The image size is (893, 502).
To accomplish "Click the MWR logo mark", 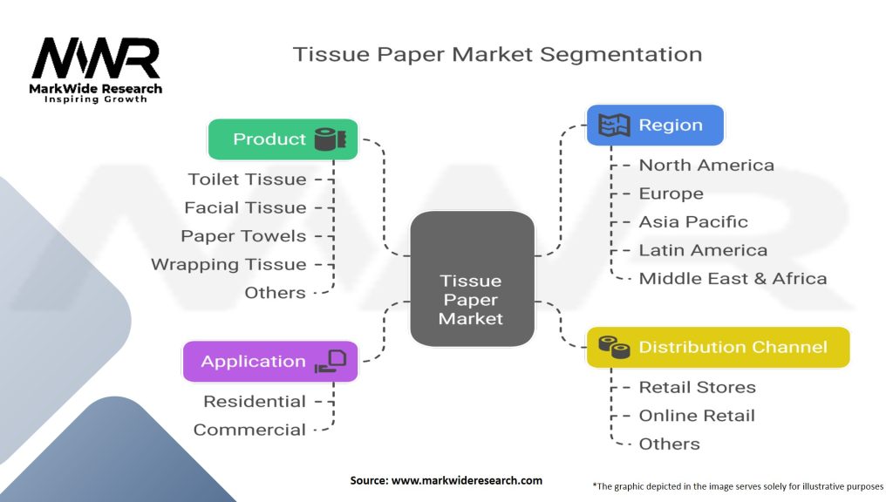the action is pyautogui.click(x=96, y=58).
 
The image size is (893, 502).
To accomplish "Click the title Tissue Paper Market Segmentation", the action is pyautogui.click(x=497, y=55).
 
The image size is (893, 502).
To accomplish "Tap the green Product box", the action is pyautogui.click(x=283, y=139).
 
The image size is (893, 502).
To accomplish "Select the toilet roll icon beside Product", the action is pyautogui.click(x=331, y=139).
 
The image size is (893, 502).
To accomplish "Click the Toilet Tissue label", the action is pyautogui.click(x=247, y=180).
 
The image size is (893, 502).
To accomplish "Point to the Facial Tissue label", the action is pyautogui.click(x=245, y=207).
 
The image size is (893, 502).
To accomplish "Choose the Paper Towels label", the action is pyautogui.click(x=244, y=236).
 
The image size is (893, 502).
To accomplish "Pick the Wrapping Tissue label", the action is pyautogui.click(x=229, y=265).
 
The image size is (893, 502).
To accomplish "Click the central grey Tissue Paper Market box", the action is pyautogui.click(x=472, y=279).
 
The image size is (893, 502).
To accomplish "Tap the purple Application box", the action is pyautogui.click(x=270, y=362).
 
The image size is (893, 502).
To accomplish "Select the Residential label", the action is pyautogui.click(x=255, y=401).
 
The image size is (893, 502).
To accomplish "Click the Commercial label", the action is pyautogui.click(x=249, y=430).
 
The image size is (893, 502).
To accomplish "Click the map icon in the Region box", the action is pyautogui.click(x=614, y=125).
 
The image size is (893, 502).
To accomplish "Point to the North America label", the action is pyautogui.click(x=706, y=165).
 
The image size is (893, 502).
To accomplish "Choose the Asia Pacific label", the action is pyautogui.click(x=693, y=222).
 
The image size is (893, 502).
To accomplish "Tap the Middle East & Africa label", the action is pyautogui.click(x=733, y=279).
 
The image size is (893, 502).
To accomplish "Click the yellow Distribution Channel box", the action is pyautogui.click(x=719, y=347).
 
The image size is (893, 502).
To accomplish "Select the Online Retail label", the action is pyautogui.click(x=697, y=416).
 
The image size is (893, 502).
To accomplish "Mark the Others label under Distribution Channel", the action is pyautogui.click(x=669, y=444).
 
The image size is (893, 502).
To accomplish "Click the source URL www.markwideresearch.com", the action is pyautogui.click(x=467, y=480).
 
